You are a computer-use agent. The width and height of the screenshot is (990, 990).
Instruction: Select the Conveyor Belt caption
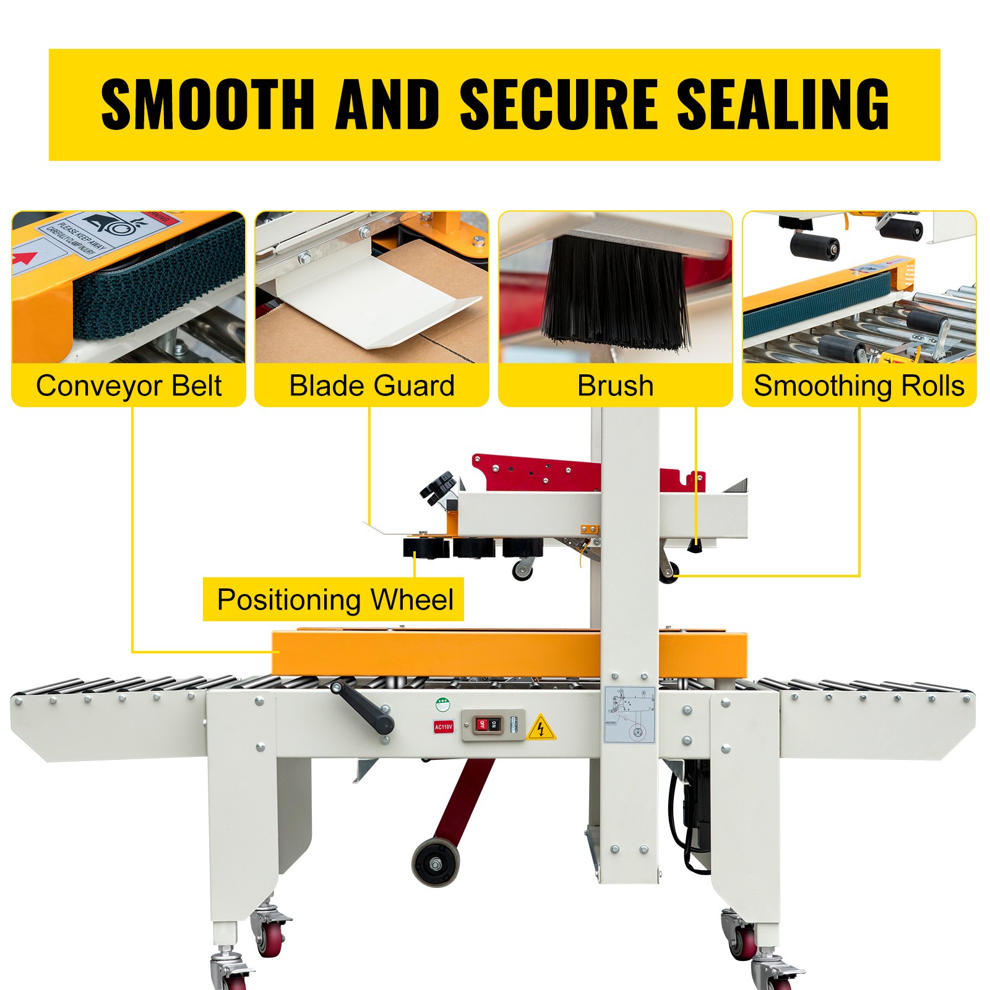click(129, 385)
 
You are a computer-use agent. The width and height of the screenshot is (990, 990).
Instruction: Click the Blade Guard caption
click(372, 385)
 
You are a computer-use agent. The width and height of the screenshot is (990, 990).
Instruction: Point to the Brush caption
click(615, 385)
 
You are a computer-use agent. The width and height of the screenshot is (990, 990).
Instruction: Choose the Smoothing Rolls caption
click(859, 385)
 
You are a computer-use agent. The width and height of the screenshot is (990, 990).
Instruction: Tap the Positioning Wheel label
click(335, 600)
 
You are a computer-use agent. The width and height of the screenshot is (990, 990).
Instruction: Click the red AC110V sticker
click(443, 726)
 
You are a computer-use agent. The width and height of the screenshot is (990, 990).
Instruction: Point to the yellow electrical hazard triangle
click(541, 728)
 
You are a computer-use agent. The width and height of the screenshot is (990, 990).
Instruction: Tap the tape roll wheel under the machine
click(436, 862)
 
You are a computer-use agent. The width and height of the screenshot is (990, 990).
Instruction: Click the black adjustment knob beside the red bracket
click(438, 486)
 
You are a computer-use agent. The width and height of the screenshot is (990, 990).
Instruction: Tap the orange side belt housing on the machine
click(433, 654)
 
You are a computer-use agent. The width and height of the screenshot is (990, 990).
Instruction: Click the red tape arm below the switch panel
click(467, 798)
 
